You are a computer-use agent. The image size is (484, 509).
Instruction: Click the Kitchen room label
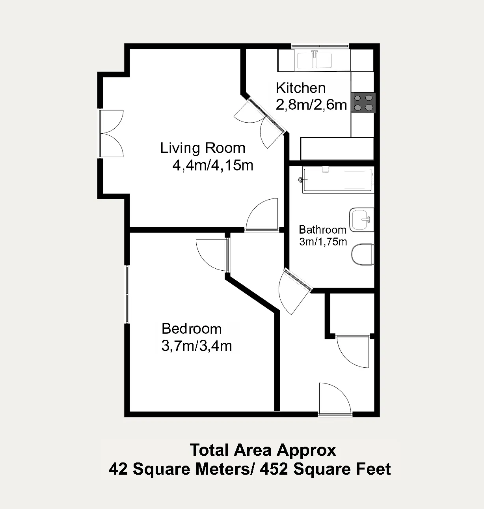301,88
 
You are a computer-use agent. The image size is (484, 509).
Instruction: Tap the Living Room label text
203,148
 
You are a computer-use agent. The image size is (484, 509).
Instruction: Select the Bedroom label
192,329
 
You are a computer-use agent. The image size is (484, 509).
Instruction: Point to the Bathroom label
322,230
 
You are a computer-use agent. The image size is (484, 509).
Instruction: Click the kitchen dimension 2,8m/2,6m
311,105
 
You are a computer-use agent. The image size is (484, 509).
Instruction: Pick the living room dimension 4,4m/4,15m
213,165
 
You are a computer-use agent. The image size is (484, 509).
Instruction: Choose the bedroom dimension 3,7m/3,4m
197,346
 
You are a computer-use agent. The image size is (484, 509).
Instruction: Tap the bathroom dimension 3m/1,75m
323,242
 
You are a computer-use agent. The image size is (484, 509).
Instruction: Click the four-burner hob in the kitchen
363,103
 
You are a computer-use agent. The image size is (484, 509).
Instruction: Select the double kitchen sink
314,61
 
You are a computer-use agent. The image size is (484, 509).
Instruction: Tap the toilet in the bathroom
363,255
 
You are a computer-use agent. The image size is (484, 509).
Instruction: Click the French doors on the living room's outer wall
111,133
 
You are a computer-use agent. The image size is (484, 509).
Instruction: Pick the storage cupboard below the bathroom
352,314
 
